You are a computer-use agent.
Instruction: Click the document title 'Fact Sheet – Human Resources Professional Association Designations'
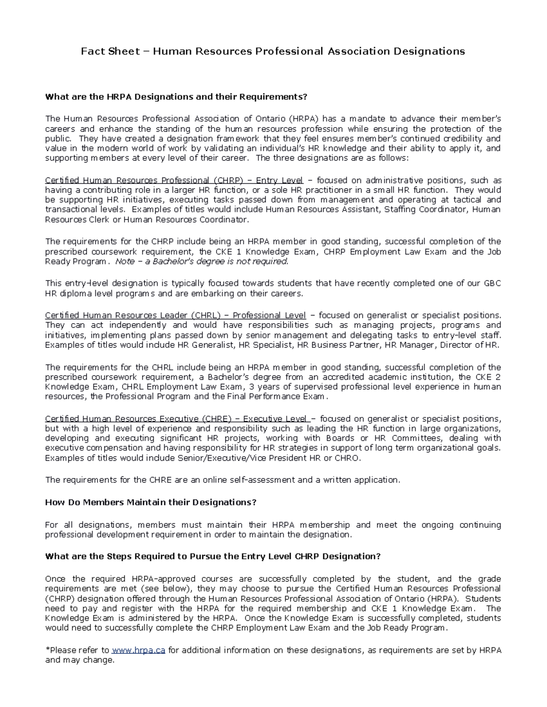[x=273, y=51]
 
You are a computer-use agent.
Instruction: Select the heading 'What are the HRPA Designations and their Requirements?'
[x=176, y=97]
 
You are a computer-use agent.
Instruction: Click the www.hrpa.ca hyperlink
[x=138, y=650]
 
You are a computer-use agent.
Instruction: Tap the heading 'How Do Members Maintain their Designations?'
[x=150, y=502]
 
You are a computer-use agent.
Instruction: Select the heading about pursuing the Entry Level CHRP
[x=212, y=556]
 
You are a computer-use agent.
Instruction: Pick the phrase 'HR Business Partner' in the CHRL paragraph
[x=339, y=345]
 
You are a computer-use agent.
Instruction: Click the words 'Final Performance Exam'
[x=280, y=397]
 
